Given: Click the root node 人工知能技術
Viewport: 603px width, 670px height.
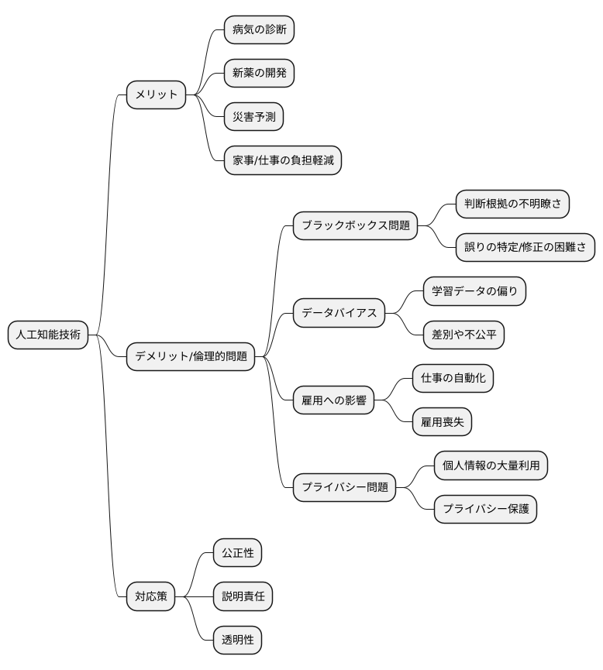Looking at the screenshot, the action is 48,335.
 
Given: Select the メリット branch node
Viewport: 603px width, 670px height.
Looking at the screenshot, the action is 156,94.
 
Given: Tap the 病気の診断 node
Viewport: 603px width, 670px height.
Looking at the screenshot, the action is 259,30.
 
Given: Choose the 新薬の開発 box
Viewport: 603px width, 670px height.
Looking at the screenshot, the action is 259,73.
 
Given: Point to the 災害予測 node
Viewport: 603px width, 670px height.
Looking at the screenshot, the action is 253,117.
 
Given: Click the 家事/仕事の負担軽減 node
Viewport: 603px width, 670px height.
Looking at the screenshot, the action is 283,160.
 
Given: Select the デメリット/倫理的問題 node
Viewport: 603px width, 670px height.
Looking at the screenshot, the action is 191,356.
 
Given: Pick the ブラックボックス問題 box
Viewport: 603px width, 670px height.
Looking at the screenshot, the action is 356,225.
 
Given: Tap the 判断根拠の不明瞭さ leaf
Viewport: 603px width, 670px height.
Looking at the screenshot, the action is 512,204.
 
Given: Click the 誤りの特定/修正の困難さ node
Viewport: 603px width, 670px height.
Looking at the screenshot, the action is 525,247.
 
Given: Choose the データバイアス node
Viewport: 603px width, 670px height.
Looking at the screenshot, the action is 339,313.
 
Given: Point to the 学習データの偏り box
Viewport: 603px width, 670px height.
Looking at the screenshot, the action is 474,291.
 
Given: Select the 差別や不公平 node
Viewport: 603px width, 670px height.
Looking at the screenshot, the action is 463,335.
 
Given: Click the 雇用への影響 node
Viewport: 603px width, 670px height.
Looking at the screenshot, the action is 333,400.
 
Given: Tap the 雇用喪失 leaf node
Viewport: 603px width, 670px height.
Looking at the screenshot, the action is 443,421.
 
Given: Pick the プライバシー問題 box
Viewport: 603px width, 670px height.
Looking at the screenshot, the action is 345,487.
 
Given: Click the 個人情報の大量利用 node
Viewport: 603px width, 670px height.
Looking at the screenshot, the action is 491,466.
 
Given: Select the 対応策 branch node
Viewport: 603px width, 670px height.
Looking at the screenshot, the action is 150,596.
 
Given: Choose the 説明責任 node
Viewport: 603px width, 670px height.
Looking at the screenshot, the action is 243,596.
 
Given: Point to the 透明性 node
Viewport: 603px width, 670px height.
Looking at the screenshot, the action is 237,640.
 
